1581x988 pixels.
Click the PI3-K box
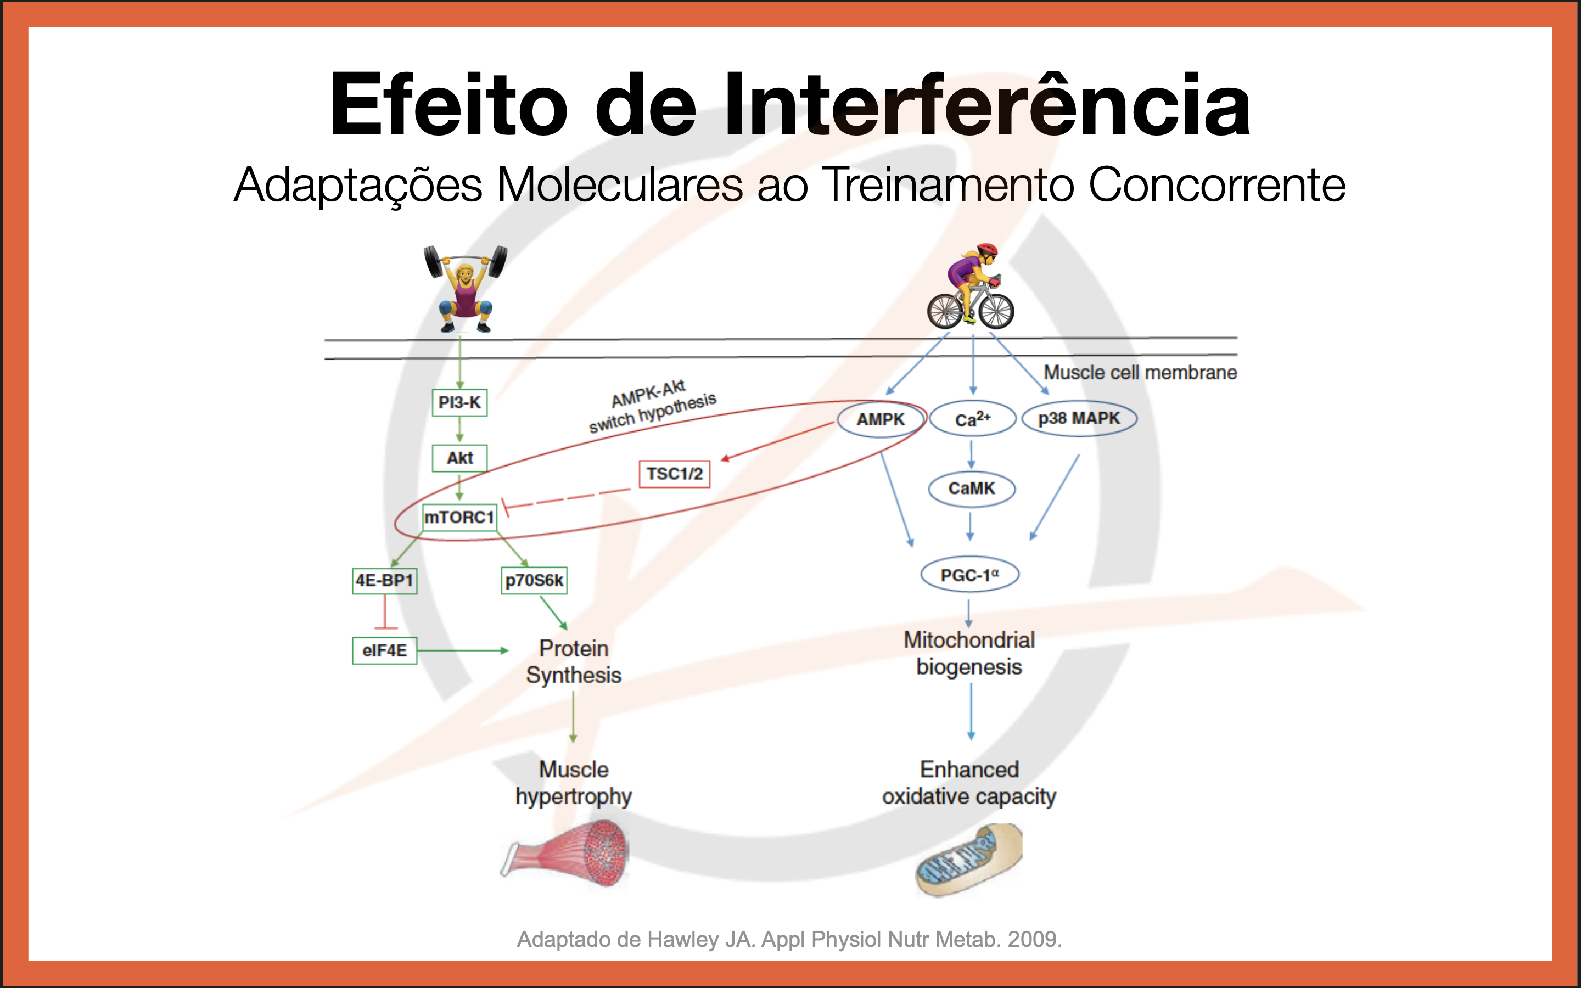coord(459,402)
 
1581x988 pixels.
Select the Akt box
coord(459,458)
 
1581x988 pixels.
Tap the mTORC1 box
coord(459,518)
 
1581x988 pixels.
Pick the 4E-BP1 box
coord(384,580)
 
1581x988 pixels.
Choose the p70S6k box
coord(534,580)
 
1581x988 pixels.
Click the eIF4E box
coord(384,651)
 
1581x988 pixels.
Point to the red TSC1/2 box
coord(674,474)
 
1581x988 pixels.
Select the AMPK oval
coord(881,419)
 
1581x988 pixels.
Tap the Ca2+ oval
coord(972,419)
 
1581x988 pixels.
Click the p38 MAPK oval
coord(1079,419)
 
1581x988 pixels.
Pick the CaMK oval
coord(972,489)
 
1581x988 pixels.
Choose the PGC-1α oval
coord(969,575)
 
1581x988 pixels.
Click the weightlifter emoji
coord(465,288)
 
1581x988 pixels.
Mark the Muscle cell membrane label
coord(1140,373)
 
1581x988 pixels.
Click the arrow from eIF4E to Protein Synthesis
coord(463,651)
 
